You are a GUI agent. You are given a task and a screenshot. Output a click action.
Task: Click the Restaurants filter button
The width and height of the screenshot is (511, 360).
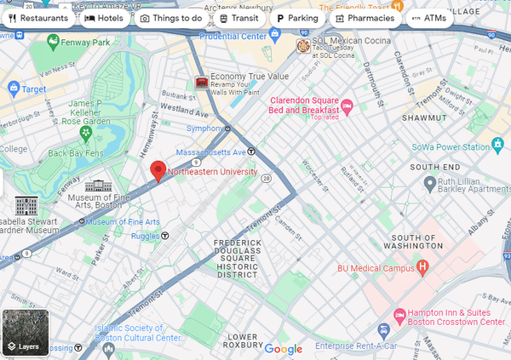click(x=37, y=18)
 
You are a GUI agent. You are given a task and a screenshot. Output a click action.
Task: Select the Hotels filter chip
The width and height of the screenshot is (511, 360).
click(x=104, y=18)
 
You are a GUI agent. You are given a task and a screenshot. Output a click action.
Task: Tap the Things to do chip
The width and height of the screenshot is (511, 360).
click(x=171, y=18)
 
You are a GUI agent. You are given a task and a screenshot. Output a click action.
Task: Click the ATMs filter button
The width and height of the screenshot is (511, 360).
click(x=428, y=18)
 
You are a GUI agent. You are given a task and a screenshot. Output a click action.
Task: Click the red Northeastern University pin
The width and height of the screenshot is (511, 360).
click(x=158, y=170)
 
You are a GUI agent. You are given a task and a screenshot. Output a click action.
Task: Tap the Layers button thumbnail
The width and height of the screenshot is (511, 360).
click(x=25, y=333)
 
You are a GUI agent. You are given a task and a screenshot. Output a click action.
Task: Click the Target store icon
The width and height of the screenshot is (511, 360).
click(x=14, y=89)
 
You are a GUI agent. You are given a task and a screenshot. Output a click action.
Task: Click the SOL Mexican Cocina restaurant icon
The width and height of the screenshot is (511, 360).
click(x=302, y=45)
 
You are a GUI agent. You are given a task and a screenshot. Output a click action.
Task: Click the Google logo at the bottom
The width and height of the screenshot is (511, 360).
click(x=283, y=349)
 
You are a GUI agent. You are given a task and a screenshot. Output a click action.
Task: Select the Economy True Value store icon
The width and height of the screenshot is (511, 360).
click(x=201, y=82)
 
